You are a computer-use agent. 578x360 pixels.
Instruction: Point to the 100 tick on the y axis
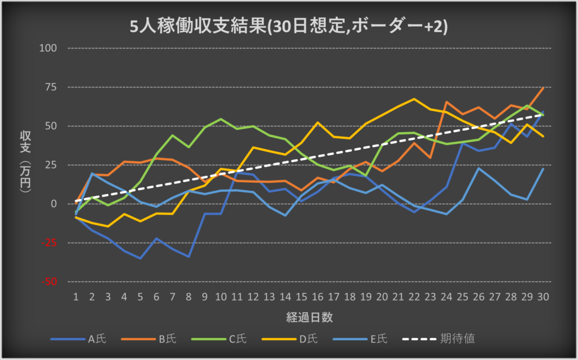49,48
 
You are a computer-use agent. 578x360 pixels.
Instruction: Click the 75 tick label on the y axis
51,87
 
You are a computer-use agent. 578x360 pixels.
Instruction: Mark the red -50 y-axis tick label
50,282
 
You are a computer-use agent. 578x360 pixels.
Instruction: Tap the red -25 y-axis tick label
50,243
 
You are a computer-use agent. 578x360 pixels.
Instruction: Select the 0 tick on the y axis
54,204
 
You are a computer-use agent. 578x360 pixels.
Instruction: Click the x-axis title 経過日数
309,317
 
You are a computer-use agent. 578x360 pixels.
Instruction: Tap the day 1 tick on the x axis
75,296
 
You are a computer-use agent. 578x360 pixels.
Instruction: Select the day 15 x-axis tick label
302,296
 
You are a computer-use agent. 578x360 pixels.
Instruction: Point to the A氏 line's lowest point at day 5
140,258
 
